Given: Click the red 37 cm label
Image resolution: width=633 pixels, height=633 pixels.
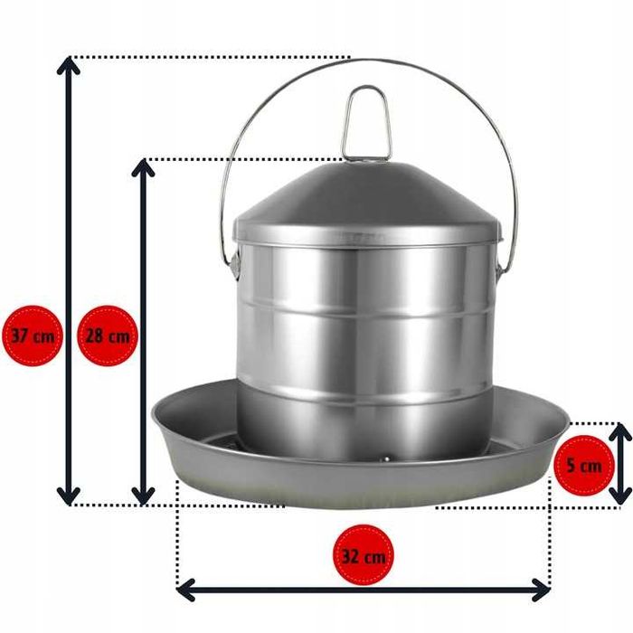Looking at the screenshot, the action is point(33,335).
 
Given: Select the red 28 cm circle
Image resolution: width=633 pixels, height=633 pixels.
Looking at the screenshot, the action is point(108,335).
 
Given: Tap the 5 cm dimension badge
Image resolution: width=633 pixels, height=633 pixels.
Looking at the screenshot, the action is point(584,465).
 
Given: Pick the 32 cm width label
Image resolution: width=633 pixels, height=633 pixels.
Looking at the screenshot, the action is point(363,554).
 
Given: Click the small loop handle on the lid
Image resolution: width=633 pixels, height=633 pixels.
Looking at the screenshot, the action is point(366,122).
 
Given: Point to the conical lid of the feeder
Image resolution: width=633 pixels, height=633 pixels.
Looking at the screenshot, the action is point(368,202).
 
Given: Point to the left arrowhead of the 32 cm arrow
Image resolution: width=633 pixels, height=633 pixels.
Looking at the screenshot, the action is point(185,590).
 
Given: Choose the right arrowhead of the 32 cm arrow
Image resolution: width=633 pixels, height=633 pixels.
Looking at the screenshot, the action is point(541,590).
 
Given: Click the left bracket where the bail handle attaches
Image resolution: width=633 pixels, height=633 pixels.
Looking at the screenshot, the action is point(233,264).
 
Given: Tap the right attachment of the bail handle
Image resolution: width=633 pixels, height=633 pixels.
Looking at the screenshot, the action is point(501,267).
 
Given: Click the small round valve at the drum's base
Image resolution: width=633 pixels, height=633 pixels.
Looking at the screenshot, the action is point(386,458).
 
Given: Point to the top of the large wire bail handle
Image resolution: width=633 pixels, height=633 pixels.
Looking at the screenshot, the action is point(368,61).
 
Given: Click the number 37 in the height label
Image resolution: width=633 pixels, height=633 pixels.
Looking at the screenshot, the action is point(19,335).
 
